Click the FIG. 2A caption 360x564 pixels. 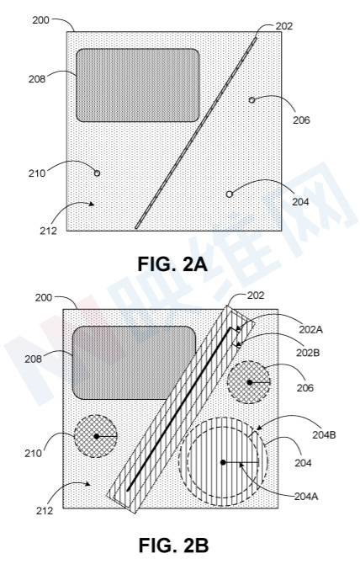[172, 264]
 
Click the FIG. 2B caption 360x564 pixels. [173, 545]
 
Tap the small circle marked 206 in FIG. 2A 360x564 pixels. [251, 100]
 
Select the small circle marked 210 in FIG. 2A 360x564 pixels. [97, 173]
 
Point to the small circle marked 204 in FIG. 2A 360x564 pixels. [230, 194]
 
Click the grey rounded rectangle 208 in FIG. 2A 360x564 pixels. [138, 85]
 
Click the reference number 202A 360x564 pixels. [310, 329]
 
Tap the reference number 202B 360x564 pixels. [308, 353]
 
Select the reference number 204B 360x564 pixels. [324, 434]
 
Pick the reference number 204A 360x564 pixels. [306, 497]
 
